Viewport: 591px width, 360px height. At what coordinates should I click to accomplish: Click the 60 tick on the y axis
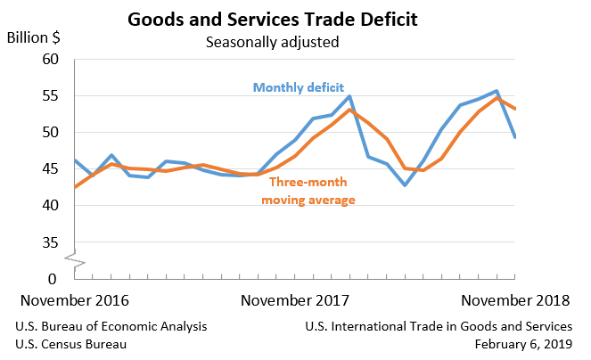click(50, 60)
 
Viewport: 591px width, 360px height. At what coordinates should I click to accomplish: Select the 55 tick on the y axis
click(50, 96)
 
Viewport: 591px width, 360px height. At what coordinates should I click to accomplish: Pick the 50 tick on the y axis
click(50, 133)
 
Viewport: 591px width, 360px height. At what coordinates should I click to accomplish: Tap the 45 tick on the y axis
click(50, 169)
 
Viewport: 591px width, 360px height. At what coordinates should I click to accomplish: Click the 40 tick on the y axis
click(50, 206)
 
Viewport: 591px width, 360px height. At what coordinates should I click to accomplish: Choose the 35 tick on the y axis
click(50, 242)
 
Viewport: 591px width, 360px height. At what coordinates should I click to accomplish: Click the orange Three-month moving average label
click(308, 191)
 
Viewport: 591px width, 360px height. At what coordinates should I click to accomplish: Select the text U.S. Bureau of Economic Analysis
click(111, 326)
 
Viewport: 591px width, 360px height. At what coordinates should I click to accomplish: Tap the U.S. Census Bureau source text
click(71, 344)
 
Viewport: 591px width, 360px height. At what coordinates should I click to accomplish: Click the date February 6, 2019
click(526, 344)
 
